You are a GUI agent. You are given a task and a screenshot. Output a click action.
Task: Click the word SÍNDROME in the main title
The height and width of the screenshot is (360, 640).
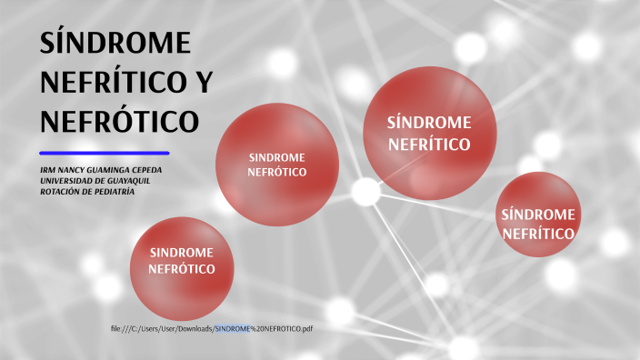tap(115, 45)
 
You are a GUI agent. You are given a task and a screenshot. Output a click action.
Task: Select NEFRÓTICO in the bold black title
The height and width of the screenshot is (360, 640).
tap(118, 120)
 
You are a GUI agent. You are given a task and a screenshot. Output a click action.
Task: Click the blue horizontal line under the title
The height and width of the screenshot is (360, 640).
tap(105, 153)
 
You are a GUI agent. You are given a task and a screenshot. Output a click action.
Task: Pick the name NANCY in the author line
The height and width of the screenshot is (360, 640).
tap(75, 170)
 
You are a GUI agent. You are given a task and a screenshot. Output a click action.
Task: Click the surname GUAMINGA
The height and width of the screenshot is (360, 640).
tap(116, 170)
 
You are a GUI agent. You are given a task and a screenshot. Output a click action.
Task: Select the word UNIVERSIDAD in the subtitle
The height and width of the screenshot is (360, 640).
tap(66, 181)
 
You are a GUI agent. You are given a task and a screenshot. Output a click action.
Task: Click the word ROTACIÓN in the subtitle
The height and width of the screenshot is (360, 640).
tap(61, 192)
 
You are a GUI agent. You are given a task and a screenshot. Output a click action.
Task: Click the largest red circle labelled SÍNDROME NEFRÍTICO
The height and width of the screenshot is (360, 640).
tap(429, 133)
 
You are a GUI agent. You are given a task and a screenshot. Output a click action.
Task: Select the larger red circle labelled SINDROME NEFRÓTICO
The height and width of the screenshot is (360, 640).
tap(277, 164)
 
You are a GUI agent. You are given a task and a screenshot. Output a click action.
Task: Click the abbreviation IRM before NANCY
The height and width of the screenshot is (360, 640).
tap(49, 170)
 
